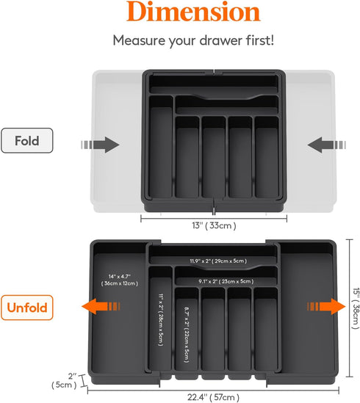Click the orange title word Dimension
[180, 13]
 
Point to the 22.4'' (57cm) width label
[213, 397]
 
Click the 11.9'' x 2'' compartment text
[215, 261]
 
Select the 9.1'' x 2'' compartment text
[226, 280]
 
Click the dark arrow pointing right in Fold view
[106, 145]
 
